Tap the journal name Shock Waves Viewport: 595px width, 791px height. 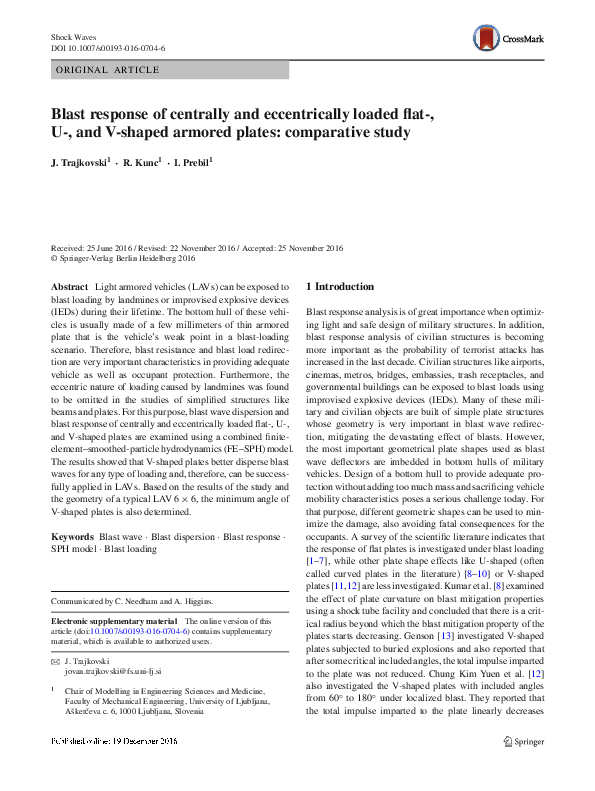74,36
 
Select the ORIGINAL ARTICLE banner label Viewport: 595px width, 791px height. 107,70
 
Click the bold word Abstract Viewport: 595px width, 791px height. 69,286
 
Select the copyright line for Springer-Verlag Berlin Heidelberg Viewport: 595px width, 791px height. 125,257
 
